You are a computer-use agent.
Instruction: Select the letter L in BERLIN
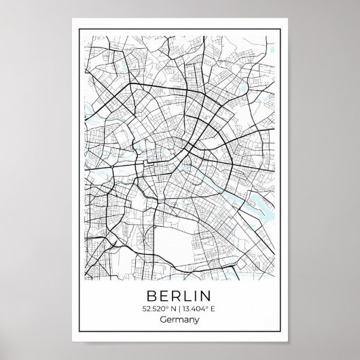pyautogui.click(x=187, y=296)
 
